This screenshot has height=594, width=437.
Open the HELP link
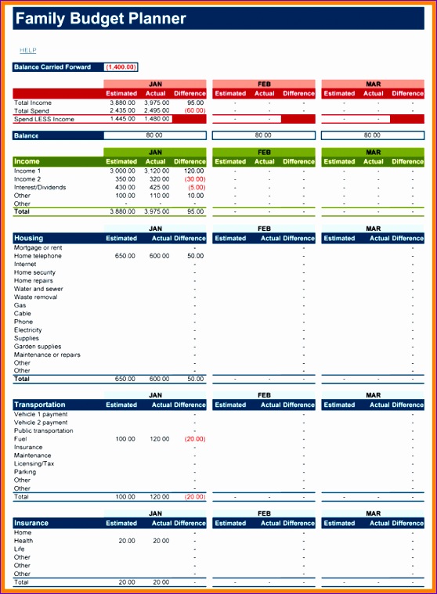coord(28,50)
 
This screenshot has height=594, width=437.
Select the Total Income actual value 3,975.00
coord(157,103)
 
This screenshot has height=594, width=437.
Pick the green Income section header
coord(27,161)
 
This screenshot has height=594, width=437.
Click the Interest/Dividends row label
coord(40,187)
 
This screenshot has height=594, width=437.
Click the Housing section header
coord(29,238)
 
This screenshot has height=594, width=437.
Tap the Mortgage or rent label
coord(38,247)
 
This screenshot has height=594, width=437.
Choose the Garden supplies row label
coord(38,347)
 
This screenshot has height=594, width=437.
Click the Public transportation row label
coord(44,430)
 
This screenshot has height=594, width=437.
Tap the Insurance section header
coord(31,523)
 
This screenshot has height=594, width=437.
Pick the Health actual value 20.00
coord(161,541)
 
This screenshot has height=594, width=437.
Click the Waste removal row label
coord(35,297)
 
